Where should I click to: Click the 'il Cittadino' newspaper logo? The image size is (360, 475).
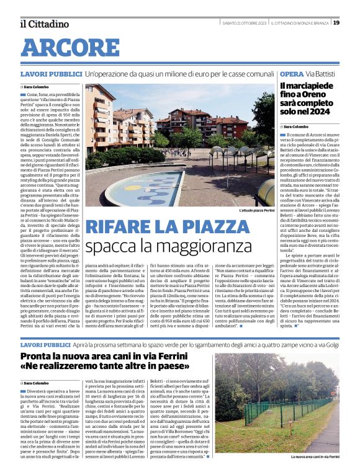44,24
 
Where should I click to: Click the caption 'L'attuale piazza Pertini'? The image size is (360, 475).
256,211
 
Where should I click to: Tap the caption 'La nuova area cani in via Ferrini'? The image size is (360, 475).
315,456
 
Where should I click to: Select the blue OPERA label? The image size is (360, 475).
292,74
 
